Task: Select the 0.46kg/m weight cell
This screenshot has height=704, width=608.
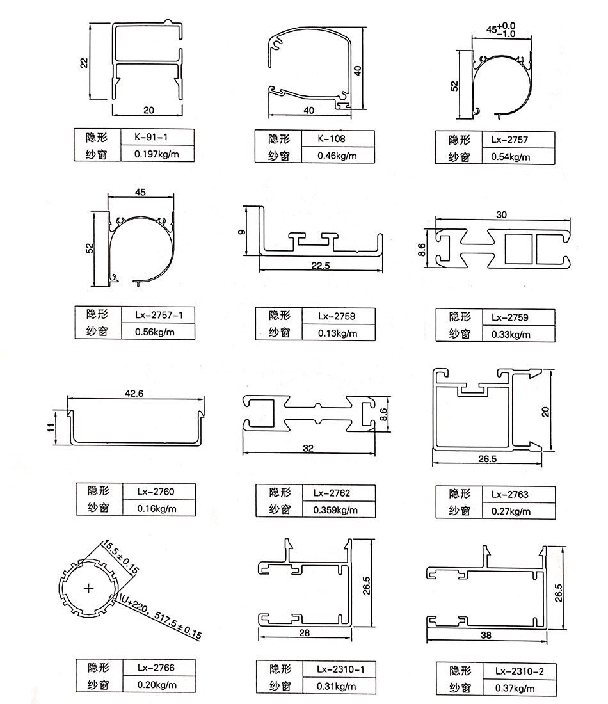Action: pos(337,155)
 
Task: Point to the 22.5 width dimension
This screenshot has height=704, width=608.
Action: pos(322,266)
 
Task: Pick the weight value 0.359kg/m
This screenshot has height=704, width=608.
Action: pos(335,510)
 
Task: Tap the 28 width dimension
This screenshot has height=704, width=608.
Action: pos(305,632)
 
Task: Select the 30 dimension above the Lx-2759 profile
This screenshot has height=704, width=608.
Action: pos(502,216)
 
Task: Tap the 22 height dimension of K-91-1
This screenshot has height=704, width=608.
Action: pos(83,62)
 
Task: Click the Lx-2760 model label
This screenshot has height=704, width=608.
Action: pos(156,492)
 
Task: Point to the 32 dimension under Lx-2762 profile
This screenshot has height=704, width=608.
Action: pos(308,449)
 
